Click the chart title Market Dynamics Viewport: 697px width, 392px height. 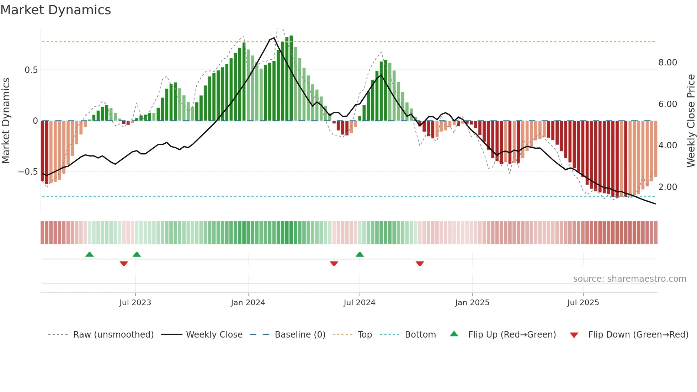[55, 10]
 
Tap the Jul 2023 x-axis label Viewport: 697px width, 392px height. [135, 303]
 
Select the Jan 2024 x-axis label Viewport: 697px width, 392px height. [248, 303]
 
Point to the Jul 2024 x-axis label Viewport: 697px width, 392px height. [359, 303]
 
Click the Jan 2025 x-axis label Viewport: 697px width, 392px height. [472, 303]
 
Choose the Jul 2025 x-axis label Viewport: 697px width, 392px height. [583, 303]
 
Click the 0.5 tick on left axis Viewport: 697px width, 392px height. [31, 70]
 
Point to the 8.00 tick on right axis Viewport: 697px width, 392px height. [667, 63]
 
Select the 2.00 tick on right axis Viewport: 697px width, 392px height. [667, 187]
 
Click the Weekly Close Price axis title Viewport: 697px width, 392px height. [691, 121]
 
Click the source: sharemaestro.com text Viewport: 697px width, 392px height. [629, 279]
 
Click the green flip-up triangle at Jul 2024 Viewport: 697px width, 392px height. [360, 255]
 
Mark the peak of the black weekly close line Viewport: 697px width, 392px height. [274, 38]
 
